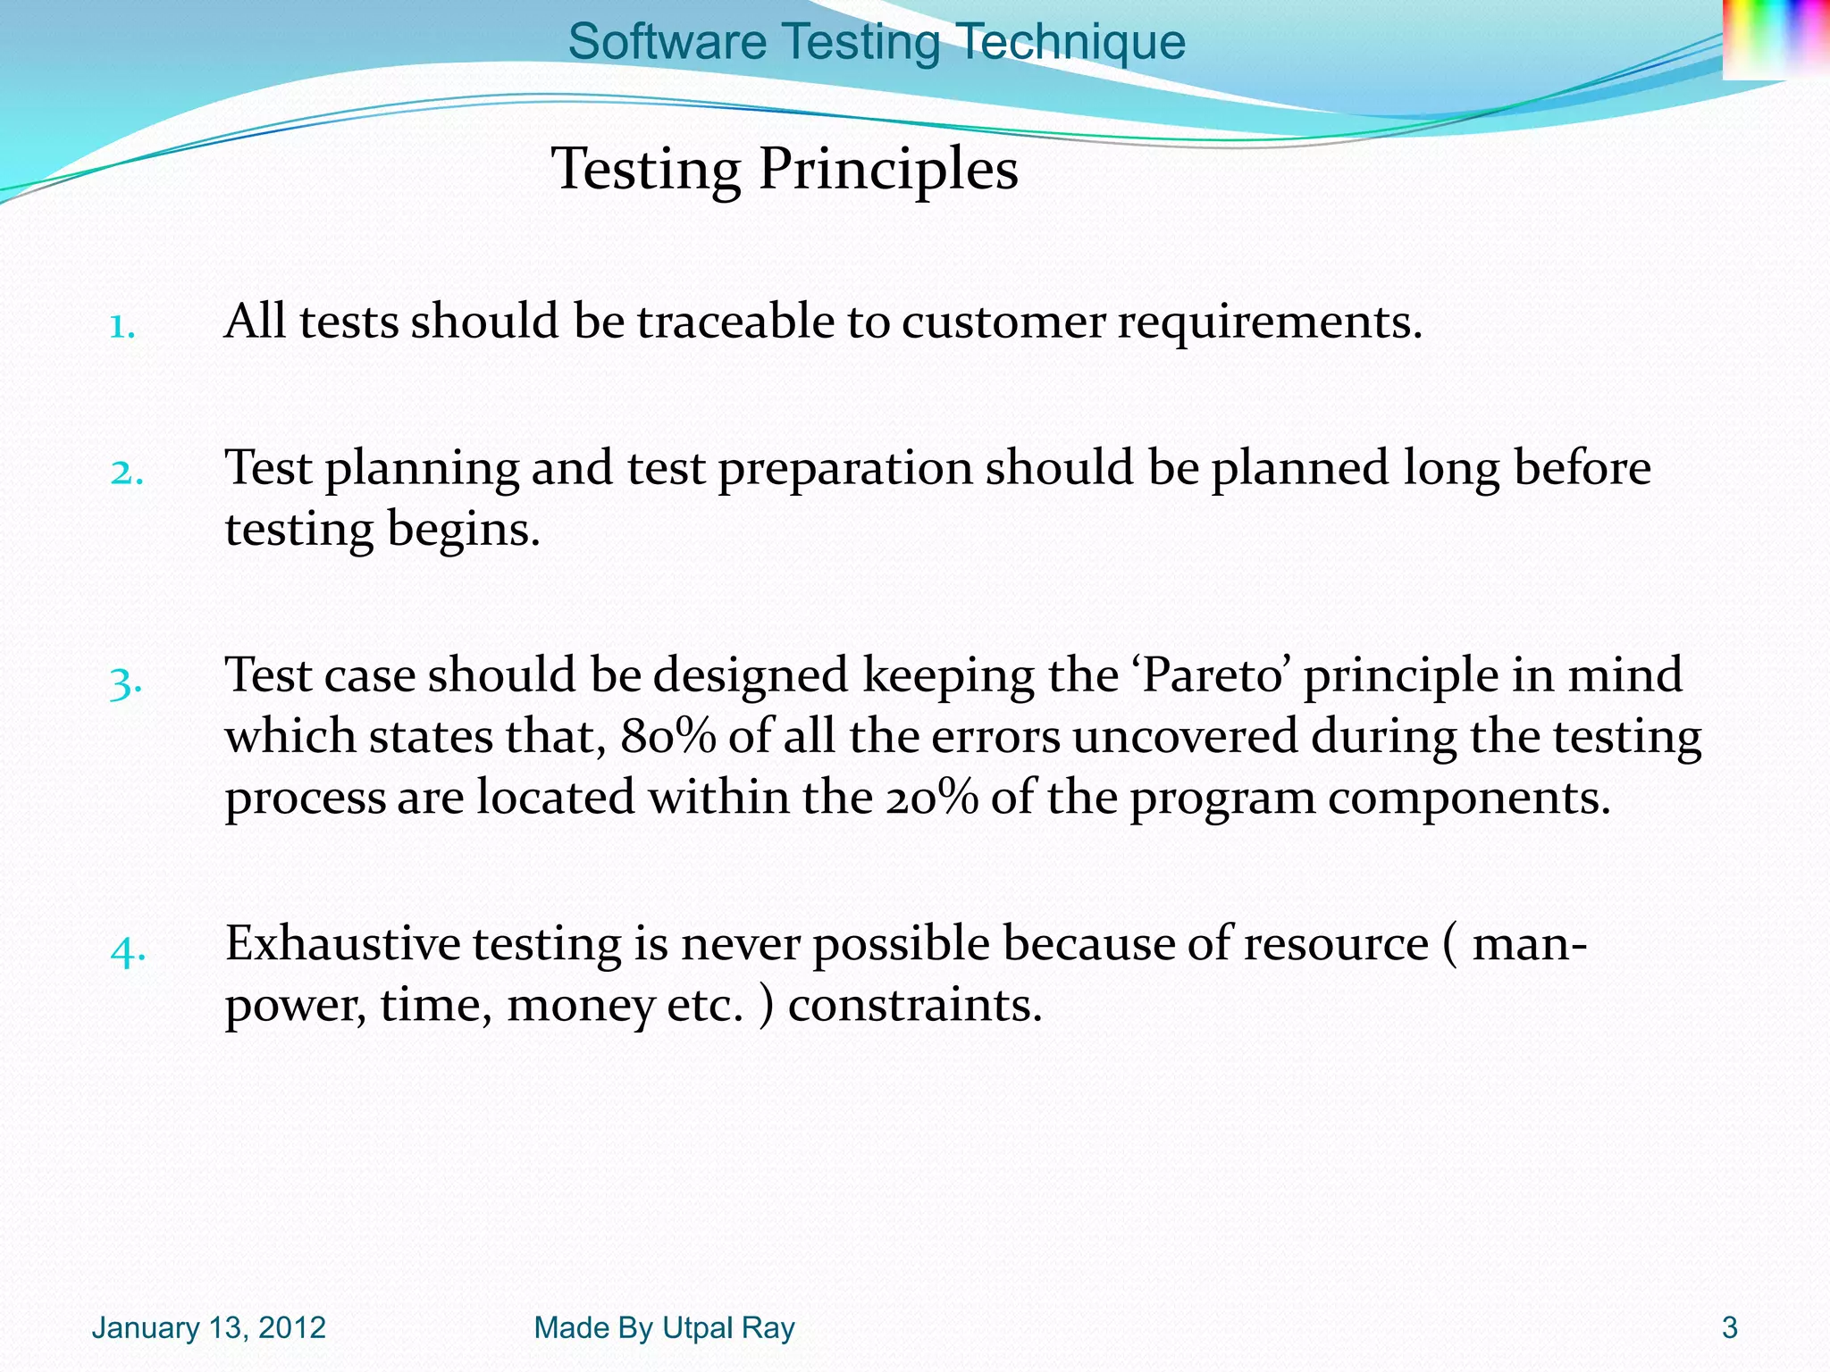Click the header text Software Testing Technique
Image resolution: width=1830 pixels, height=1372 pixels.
pos(877,42)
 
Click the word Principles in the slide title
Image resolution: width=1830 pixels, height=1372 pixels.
pos(888,169)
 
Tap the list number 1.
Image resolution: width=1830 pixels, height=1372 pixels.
pos(122,327)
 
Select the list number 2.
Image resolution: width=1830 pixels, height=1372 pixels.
pos(126,473)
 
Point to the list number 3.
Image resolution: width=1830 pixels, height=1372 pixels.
pos(126,684)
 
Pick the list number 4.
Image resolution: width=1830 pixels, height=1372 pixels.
pos(128,952)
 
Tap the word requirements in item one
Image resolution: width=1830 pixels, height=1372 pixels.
pos(1269,322)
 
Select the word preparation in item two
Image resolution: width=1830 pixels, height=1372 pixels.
pos(845,469)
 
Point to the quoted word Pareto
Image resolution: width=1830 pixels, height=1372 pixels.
pos(1213,675)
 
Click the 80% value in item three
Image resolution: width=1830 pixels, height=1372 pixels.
pos(667,737)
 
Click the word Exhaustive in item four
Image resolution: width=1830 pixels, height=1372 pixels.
pos(342,943)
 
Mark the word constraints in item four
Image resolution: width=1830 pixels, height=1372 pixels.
pos(915,1006)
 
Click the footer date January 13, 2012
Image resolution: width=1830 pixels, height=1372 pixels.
pos(208,1328)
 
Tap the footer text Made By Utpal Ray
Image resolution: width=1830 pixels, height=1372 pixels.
pos(664,1328)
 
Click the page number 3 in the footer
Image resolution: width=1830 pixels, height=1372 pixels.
pos(1729,1328)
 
